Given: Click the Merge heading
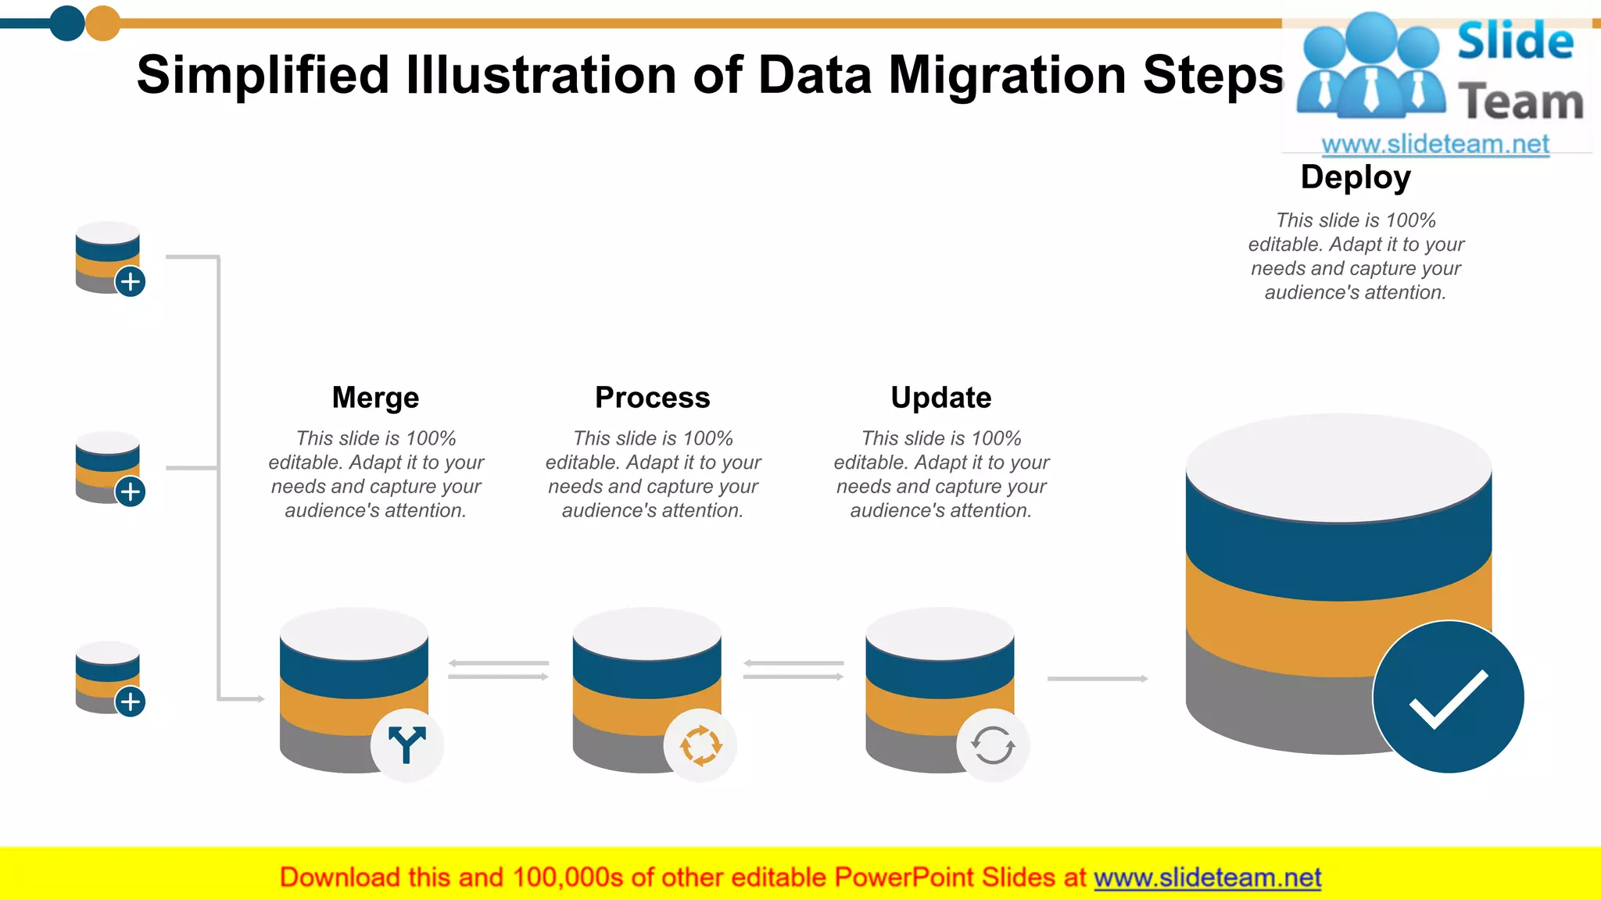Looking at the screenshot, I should coord(375,398).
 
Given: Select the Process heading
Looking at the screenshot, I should coord(652,398).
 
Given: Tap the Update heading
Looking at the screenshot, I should coord(940,398).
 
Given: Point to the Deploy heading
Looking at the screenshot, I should coord(1356,177).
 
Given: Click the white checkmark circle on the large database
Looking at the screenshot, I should coord(1449,697).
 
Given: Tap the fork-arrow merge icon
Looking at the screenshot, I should coord(407,745).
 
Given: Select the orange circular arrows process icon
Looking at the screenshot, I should coord(700,745).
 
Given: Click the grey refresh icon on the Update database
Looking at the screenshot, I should coord(993,745).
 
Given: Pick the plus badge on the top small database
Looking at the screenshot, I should coord(131,281).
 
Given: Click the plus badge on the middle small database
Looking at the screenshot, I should coord(131,491).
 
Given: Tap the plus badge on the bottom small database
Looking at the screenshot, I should coord(131,702).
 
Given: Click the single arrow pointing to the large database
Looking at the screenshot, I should coord(1097,678).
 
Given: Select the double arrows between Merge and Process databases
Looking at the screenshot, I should coord(499,670).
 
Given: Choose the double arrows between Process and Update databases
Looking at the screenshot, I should coord(793,670).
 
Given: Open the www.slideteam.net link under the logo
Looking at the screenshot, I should coord(1435,144).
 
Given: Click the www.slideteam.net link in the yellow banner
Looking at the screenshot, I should coord(1207,877).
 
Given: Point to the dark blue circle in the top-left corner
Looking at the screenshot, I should coord(67,23).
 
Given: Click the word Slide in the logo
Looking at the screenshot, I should coord(1515,41).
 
